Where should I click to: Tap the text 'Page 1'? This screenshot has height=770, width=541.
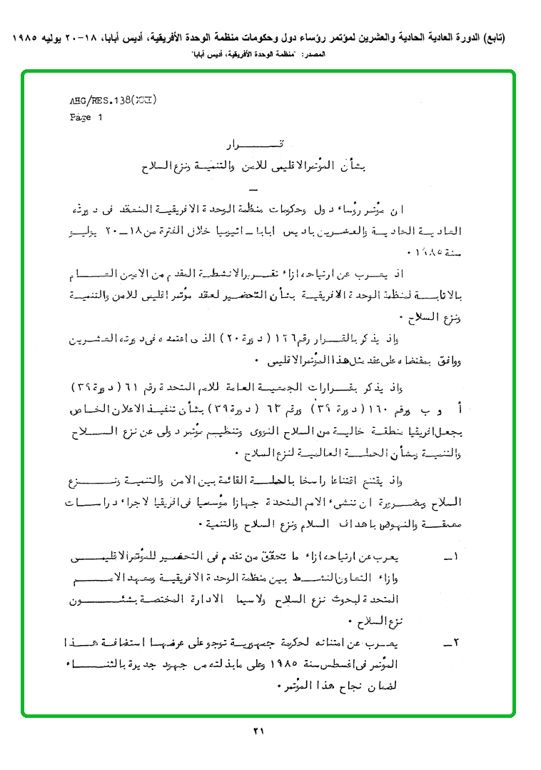(86, 118)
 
